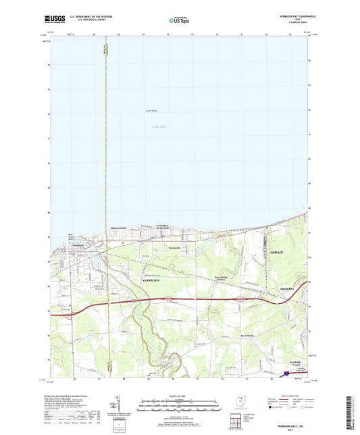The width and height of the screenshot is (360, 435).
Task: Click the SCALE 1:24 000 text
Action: click(x=179, y=395)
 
